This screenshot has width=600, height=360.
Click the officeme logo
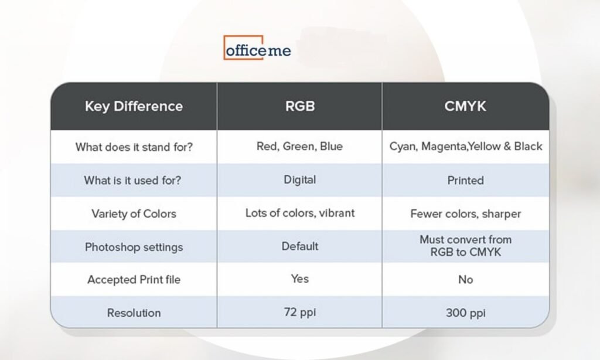click(257, 48)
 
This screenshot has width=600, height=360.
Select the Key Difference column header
click(134, 106)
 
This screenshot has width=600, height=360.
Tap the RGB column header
click(300, 106)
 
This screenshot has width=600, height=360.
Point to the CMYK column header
click(465, 106)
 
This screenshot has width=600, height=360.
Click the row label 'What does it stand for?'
click(134, 147)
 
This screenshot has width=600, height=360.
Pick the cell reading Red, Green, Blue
click(299, 147)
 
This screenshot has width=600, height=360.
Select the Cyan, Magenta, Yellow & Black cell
click(466, 147)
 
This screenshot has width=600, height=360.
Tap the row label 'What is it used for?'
click(132, 180)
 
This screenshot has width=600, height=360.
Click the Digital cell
click(299, 179)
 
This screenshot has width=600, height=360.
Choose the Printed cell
click(465, 181)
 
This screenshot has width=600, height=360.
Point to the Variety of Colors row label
click(134, 213)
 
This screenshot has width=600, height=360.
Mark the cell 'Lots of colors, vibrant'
click(300, 213)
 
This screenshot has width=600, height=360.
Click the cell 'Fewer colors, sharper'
click(466, 213)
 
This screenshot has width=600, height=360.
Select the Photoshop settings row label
click(134, 247)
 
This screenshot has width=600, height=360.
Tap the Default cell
click(299, 246)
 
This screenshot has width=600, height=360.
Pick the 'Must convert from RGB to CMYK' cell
click(466, 246)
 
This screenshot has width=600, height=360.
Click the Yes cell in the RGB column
click(299, 279)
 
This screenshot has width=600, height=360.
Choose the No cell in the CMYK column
click(465, 280)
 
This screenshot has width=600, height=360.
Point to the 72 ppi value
click(300, 313)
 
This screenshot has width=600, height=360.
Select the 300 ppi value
click(466, 313)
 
